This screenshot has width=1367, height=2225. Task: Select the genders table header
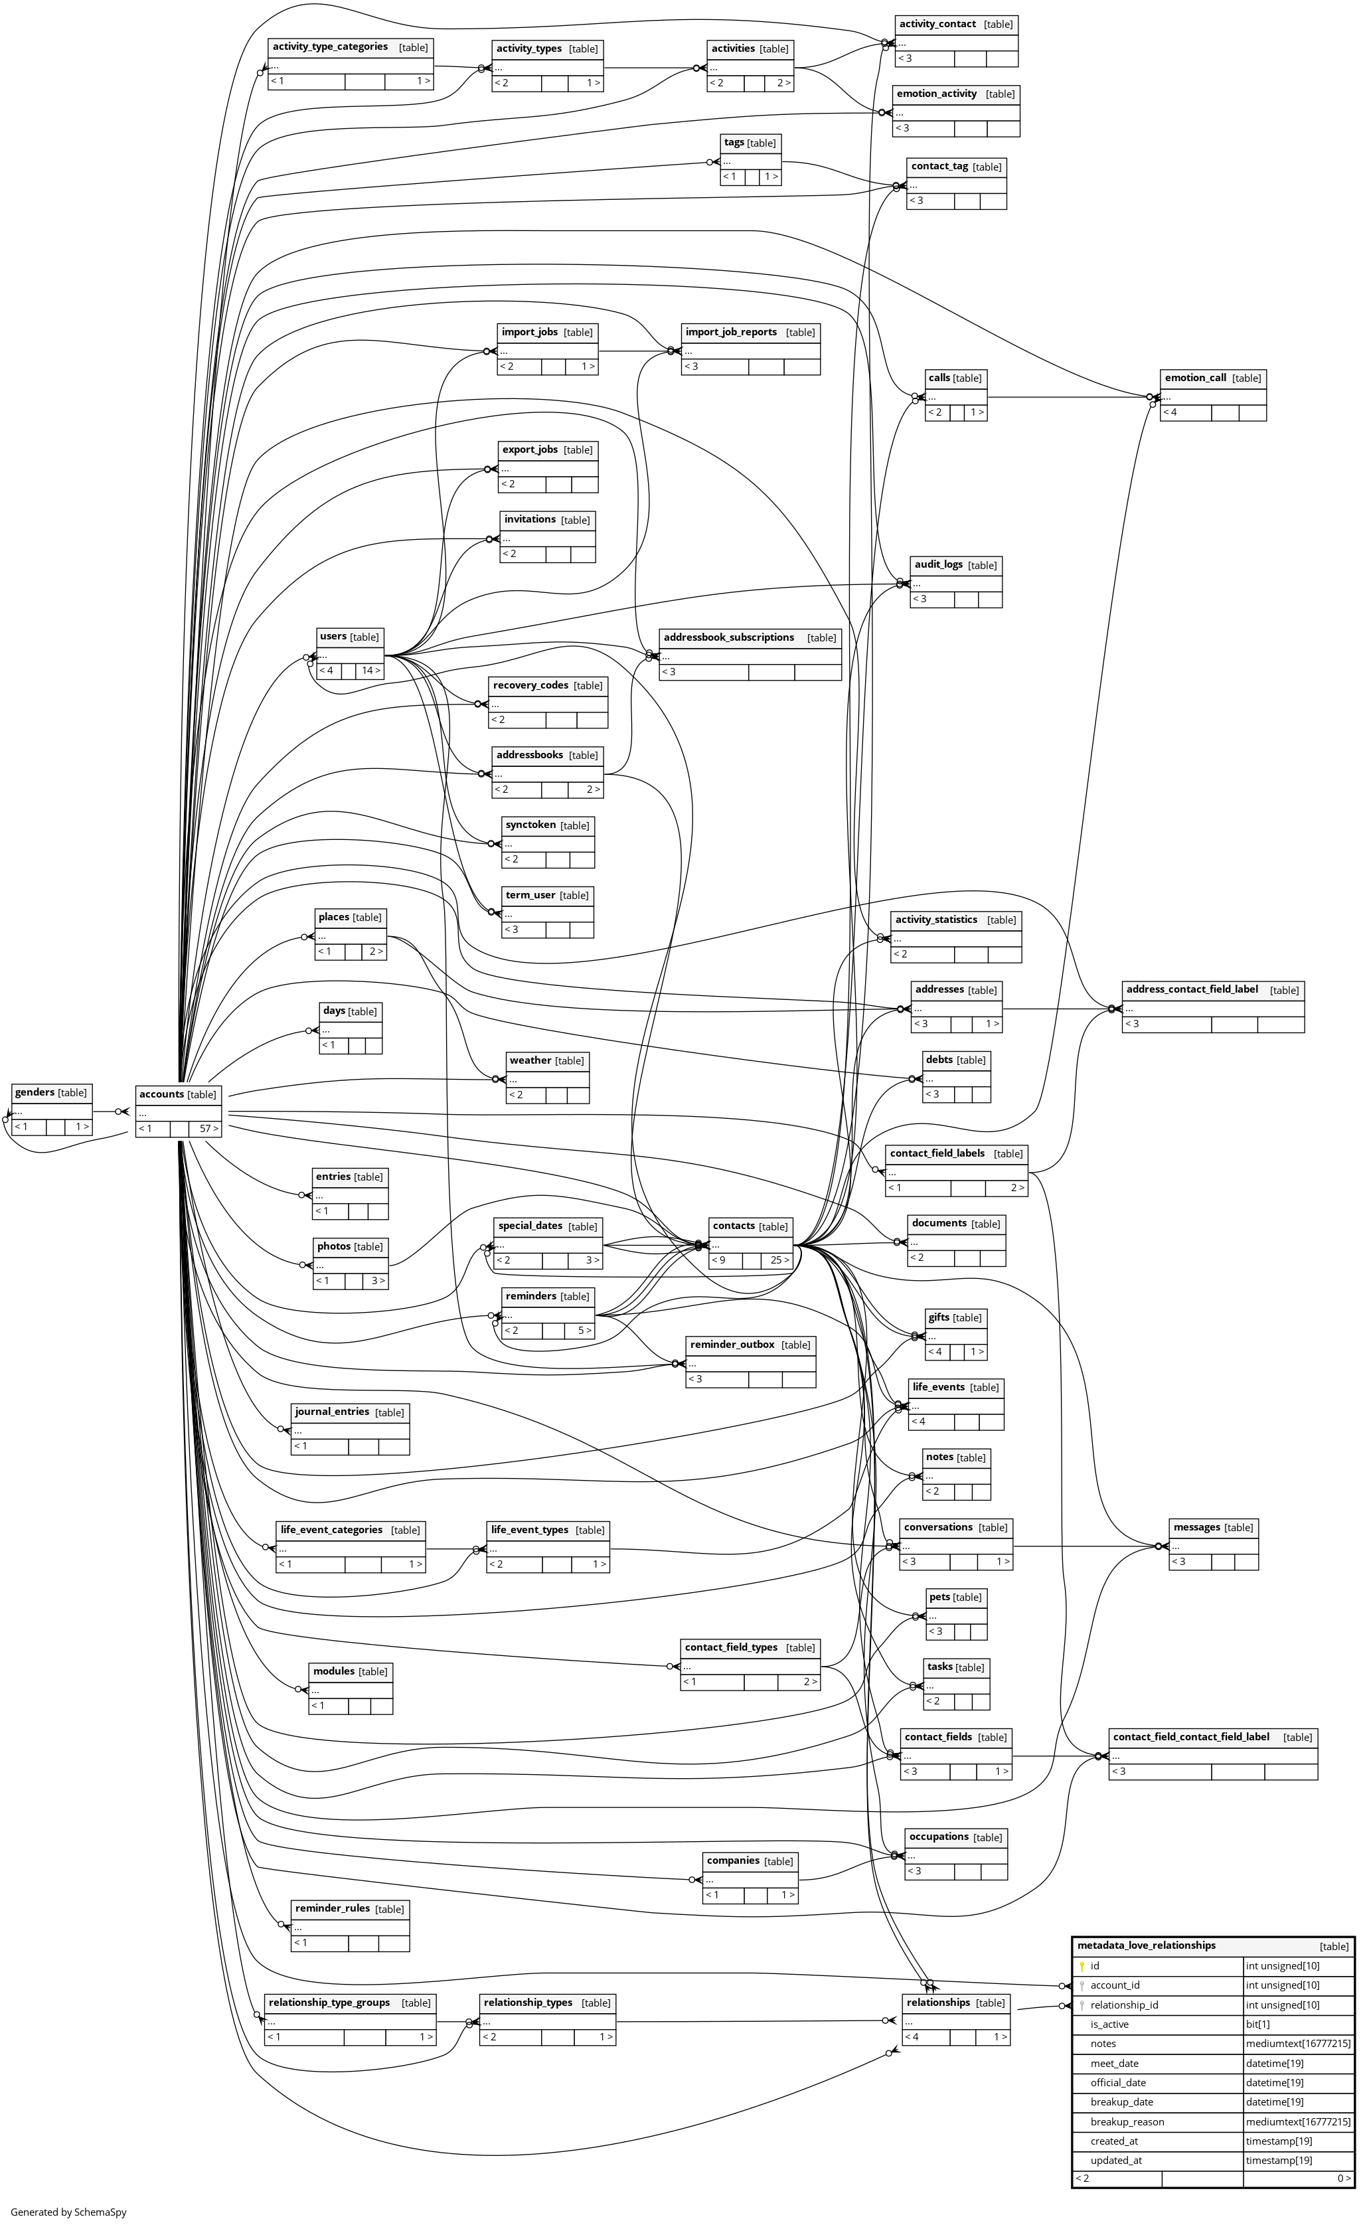click(x=35, y=1092)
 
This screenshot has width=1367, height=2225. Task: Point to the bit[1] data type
click(x=1257, y=2024)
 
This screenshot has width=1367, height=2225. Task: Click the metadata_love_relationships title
click(x=1147, y=1945)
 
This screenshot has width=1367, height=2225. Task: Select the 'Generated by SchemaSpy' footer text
click(x=68, y=2212)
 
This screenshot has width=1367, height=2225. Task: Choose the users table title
click(x=333, y=637)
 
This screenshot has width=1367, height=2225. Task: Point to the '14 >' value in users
click(x=370, y=671)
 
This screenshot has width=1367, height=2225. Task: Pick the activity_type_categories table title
click(x=330, y=47)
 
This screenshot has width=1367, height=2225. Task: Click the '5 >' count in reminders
click(x=584, y=1330)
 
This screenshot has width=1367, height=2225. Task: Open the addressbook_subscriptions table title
click(x=729, y=637)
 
